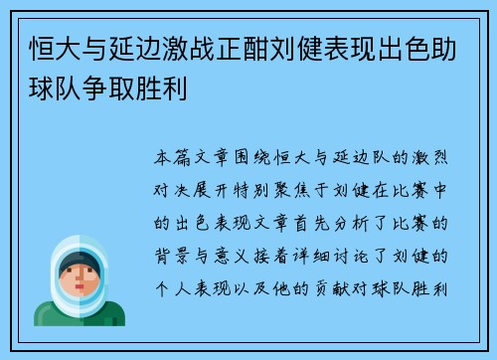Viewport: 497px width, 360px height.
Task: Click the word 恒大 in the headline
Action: (x=56, y=49)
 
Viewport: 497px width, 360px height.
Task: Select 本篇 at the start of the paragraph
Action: (x=172, y=157)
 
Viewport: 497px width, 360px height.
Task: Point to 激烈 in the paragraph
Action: (x=429, y=157)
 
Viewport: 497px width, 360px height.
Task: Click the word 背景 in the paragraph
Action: (x=172, y=257)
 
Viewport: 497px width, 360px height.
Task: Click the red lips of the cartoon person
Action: (x=80, y=286)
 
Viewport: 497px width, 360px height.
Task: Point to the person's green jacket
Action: (x=80, y=315)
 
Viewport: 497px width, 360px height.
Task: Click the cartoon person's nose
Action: (x=80, y=277)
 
